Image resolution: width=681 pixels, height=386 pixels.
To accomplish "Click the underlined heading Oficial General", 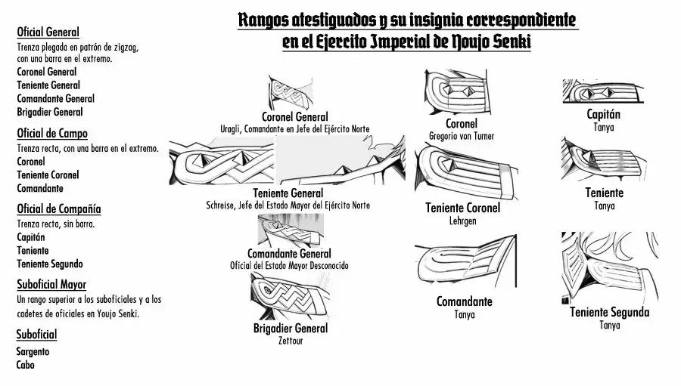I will [x=48, y=32].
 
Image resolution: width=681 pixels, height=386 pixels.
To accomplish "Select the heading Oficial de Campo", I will [x=52, y=134].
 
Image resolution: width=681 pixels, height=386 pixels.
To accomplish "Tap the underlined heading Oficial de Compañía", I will [x=59, y=208].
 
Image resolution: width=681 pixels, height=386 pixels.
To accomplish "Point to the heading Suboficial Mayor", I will [x=51, y=284].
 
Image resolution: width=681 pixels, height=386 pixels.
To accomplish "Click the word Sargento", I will [x=33, y=351].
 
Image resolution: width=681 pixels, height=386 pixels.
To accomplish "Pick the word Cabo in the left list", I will [x=25, y=365].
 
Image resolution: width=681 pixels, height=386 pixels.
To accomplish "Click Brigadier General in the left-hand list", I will [x=50, y=112].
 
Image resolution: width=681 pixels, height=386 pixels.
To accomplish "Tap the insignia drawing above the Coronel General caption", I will [x=294, y=92].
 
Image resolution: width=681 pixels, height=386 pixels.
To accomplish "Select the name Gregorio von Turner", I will [x=461, y=136].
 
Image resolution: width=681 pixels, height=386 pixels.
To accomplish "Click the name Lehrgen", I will [x=462, y=221].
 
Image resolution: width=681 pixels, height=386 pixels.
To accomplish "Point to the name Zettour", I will [x=290, y=341].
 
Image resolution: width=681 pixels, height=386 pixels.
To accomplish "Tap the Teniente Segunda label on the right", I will [x=609, y=312].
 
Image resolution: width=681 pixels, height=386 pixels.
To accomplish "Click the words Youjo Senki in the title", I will [x=493, y=42].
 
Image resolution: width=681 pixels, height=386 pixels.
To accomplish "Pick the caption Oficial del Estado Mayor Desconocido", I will [x=289, y=266].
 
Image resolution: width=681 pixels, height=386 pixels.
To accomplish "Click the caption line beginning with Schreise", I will [x=288, y=205].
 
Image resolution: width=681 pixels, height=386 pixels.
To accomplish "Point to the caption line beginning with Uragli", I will [x=294, y=129].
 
